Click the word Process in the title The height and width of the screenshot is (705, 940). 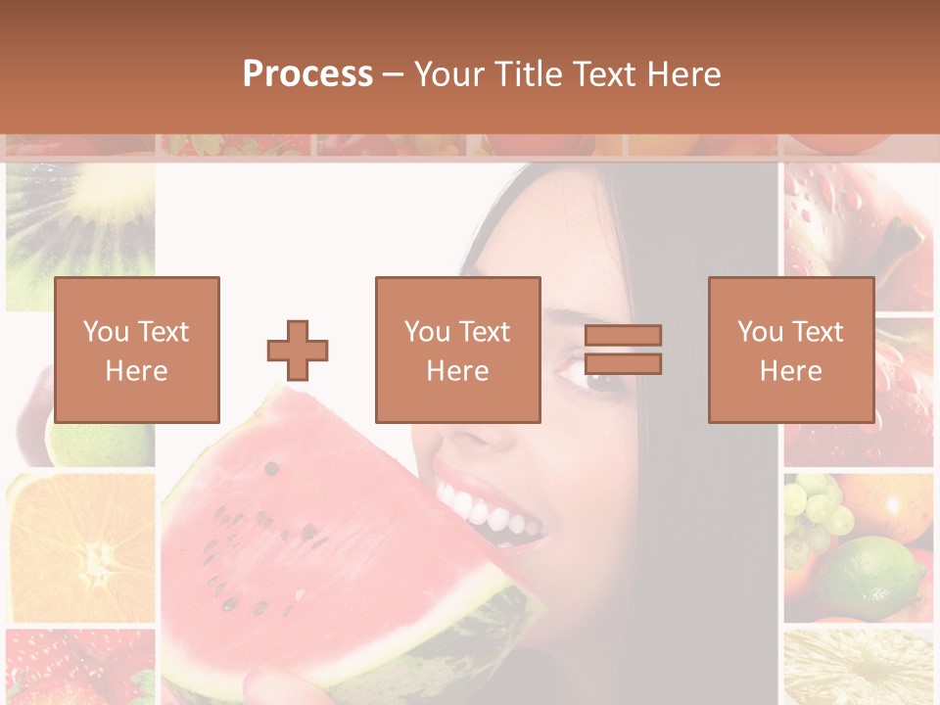pos(307,74)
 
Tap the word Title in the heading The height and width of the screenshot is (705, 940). pos(530,74)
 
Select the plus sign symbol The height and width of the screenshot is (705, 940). pos(298,350)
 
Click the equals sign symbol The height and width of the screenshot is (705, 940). pos(623,350)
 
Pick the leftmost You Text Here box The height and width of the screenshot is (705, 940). pos(137,350)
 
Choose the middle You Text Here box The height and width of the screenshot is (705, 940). pos(457,350)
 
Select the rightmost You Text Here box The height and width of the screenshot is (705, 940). pos(790,350)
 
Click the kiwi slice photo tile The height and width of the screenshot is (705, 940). pos(80,235)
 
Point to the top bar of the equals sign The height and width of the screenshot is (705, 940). pos(623,335)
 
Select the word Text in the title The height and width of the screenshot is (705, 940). pos(605,74)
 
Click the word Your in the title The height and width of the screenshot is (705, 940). pos(450,74)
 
